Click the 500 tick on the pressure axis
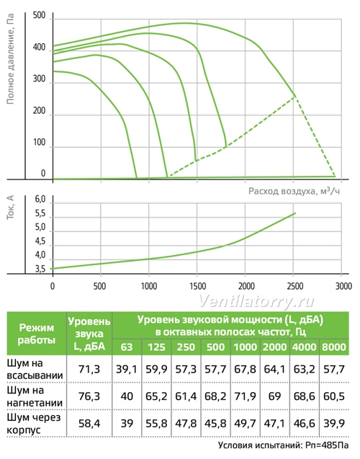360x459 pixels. pyautogui.click(x=39, y=16)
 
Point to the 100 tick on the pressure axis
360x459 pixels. pyautogui.click(x=39, y=142)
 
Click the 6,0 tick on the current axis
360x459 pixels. pyautogui.click(x=40, y=200)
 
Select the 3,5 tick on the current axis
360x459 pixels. pyautogui.click(x=40, y=269)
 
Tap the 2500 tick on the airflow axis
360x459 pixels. pyautogui.click(x=294, y=286)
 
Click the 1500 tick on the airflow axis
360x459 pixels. pyautogui.click(x=198, y=286)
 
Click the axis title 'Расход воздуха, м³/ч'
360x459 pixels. pyautogui.click(x=294, y=191)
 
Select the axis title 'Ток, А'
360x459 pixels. pyautogui.click(x=10, y=208)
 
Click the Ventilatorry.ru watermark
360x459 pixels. pyautogui.click(x=257, y=300)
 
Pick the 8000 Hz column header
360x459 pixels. pyautogui.click(x=334, y=347)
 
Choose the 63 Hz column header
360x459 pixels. pyautogui.click(x=127, y=347)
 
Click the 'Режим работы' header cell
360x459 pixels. pyautogui.click(x=37, y=334)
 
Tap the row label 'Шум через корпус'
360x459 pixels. pyautogui.click(x=34, y=423)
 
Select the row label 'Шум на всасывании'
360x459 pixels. pyautogui.click(x=35, y=369)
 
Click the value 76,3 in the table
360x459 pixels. pyautogui.click(x=89, y=396)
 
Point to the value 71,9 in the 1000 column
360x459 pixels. pyautogui.click(x=245, y=396)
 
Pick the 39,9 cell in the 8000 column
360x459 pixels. pyautogui.click(x=334, y=423)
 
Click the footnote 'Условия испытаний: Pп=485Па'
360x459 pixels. pyautogui.click(x=284, y=445)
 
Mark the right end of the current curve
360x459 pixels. pyautogui.click(x=295, y=213)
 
